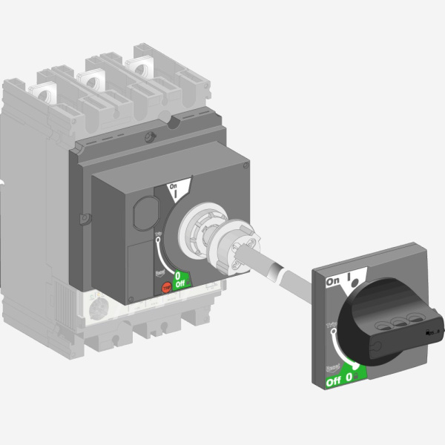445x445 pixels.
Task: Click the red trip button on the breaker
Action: click(165, 286)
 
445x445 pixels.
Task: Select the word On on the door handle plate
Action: click(334, 283)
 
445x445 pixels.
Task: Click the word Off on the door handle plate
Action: click(334, 382)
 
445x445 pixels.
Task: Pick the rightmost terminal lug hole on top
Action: click(137, 66)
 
